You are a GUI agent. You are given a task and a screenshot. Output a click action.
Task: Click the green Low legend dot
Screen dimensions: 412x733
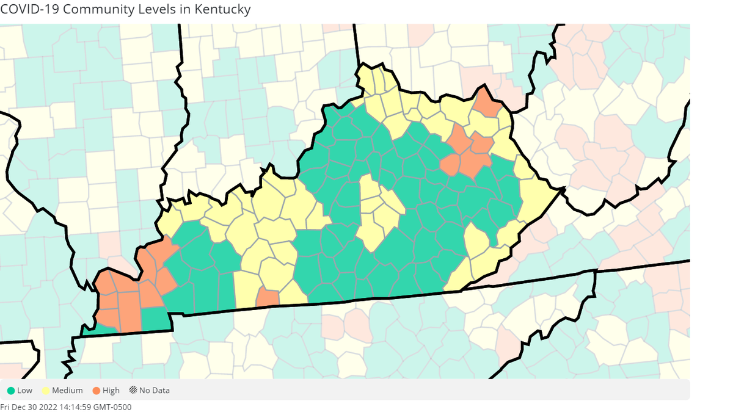tap(10, 391)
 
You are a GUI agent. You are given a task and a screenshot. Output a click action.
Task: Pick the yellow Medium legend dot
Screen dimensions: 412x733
tap(46, 391)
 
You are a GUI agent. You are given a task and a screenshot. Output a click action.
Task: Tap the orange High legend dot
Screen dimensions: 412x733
tap(97, 391)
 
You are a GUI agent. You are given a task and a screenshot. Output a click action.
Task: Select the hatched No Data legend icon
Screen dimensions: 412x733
tap(133, 391)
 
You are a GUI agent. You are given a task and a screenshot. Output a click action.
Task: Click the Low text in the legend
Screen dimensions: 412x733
tap(25, 391)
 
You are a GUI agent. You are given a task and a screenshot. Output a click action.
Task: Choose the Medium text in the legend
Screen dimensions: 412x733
tap(67, 391)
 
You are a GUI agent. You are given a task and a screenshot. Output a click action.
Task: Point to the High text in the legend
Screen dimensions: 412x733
tap(112, 391)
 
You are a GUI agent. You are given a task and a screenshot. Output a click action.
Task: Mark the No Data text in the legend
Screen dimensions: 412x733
tap(155, 391)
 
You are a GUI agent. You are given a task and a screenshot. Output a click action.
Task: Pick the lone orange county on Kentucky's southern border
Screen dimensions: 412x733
tap(268, 298)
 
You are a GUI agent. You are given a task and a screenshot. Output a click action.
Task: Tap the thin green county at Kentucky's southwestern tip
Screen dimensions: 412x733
tap(98, 330)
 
